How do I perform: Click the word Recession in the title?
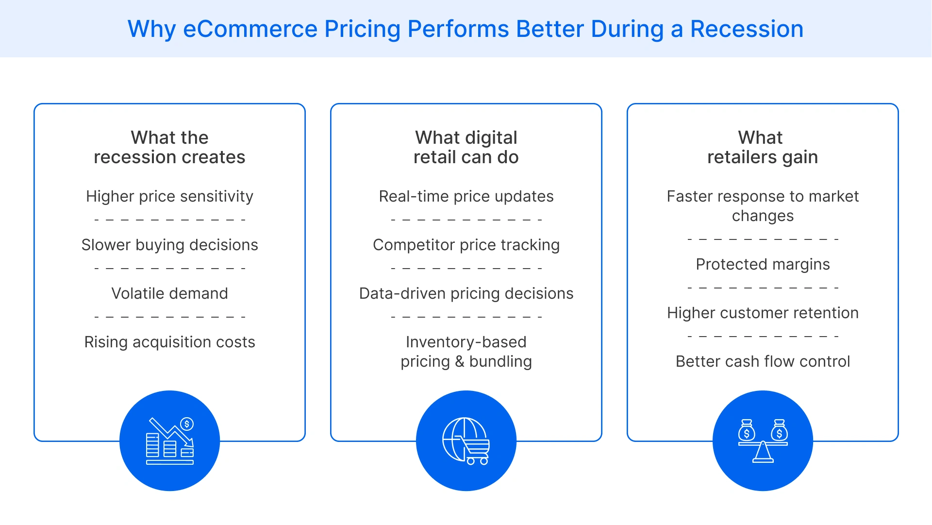(x=747, y=29)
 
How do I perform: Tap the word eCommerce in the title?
(x=250, y=29)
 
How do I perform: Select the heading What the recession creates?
(x=169, y=147)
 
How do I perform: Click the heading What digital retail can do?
(x=466, y=147)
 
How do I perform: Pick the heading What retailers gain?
(x=762, y=147)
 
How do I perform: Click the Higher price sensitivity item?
(x=169, y=196)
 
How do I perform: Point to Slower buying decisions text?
(x=169, y=245)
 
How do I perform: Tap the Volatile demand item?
(x=169, y=293)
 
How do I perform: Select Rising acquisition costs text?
(x=169, y=342)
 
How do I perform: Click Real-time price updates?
(x=466, y=196)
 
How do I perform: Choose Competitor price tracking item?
(x=466, y=245)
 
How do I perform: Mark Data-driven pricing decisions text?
(x=466, y=293)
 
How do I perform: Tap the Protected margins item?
(x=763, y=264)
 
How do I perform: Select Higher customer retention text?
(x=763, y=313)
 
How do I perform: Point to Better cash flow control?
(x=763, y=361)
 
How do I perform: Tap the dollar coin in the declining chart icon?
(x=187, y=424)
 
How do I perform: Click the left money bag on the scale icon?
(x=747, y=431)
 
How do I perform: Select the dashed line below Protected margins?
(x=763, y=288)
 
